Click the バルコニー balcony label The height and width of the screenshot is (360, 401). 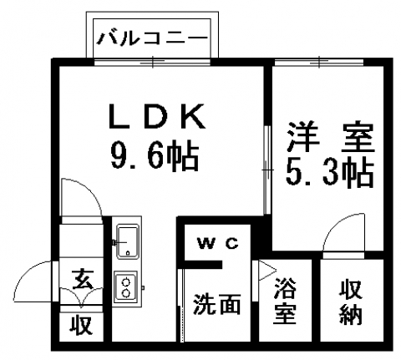152,38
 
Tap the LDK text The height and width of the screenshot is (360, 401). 157,116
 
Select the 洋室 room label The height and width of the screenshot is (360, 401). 330,137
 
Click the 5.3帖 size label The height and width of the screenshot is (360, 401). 330,173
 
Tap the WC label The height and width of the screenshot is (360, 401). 218,243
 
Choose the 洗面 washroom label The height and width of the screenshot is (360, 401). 217,304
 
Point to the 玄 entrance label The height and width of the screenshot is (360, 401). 82,279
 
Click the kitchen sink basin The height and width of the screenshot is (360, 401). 127,241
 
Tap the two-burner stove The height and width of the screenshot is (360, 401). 126,286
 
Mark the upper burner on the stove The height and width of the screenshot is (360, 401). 127,282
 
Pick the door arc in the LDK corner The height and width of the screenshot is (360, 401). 90,190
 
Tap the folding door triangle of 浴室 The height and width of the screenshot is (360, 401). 267,270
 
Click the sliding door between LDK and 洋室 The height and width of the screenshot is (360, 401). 267,170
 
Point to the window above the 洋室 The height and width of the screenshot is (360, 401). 319,62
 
